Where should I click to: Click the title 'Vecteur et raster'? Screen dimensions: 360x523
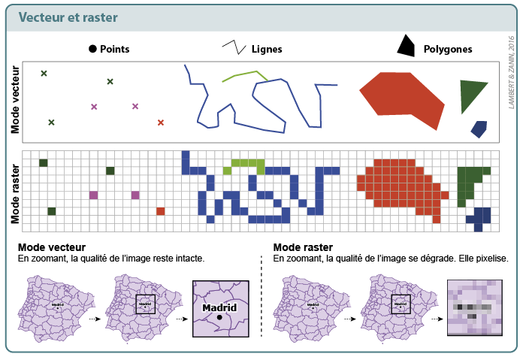68,17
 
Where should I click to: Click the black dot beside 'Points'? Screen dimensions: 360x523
92,49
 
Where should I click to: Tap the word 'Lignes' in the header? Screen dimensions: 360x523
267,50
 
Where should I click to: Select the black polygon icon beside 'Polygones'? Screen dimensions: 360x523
405,47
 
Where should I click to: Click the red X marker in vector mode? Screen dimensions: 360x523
160,122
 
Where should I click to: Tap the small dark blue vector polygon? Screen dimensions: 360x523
479,129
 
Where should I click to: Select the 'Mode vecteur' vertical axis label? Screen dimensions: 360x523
15,100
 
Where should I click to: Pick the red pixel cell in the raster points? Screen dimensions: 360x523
160,211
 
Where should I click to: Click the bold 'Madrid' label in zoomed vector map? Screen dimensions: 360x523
219,307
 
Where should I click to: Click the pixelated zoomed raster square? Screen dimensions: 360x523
473,307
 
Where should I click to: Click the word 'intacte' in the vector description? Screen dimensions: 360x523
186,259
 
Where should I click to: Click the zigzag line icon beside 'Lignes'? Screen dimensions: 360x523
234,47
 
